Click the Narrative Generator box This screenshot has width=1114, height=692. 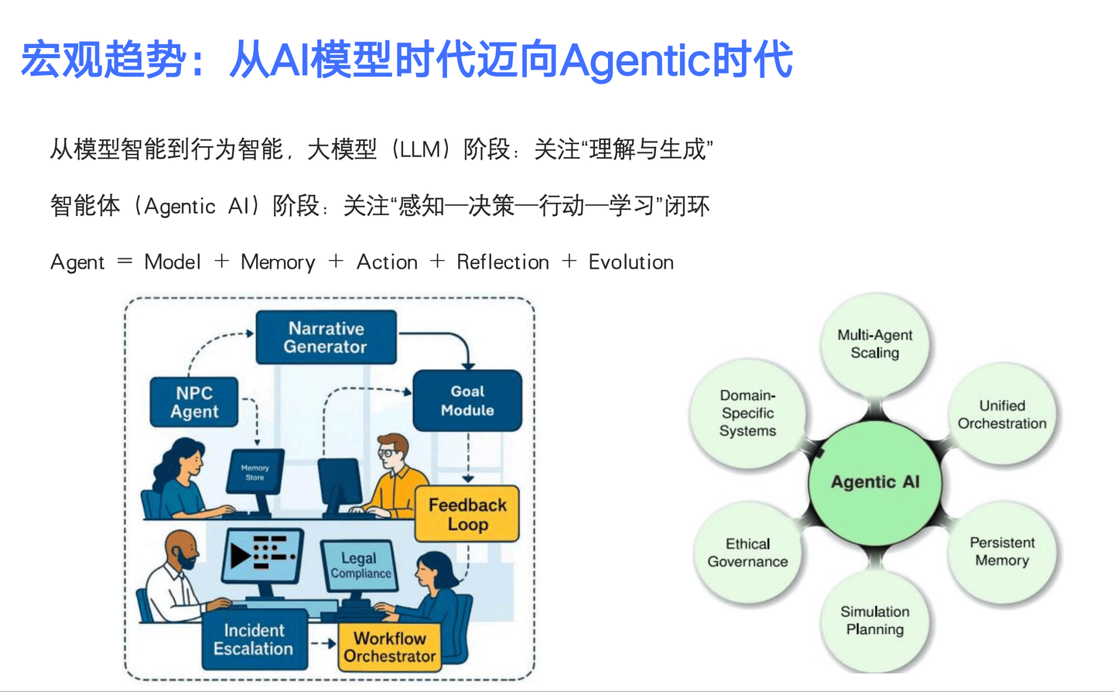pos(326,337)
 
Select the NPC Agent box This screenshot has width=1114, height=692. pos(194,403)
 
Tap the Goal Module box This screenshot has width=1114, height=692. pos(467,401)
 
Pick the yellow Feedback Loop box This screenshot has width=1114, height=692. pos(467,515)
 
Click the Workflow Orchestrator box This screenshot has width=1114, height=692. pos(390,647)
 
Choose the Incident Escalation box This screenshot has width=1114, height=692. pos(254,640)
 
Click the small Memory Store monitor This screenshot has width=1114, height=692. pos(255,472)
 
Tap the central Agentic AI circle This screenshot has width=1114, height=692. pos(875,481)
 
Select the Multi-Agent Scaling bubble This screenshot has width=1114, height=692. pos(875,344)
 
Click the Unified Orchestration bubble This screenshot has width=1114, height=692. pos(1002,415)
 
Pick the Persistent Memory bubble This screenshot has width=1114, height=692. pos(1002,551)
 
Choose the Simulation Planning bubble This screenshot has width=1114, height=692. pos(875,621)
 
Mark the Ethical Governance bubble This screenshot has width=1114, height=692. pos(747,553)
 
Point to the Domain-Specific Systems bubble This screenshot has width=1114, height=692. pos(747,413)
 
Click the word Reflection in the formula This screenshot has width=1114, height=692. pos(503,262)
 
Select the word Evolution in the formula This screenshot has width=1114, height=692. pos(631,262)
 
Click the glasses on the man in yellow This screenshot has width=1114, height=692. pos(386,452)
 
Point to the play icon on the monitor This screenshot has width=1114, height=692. pos(240,554)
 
